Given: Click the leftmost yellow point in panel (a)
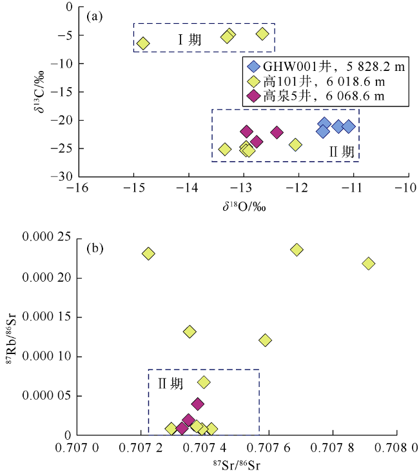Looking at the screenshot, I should pos(143,43).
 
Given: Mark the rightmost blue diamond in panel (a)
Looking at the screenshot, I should pos(349,126).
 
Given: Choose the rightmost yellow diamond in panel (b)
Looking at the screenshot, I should pos(369,263).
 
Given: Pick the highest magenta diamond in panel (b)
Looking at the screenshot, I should pos(198,404).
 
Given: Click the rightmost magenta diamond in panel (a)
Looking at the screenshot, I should pos(277,132).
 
